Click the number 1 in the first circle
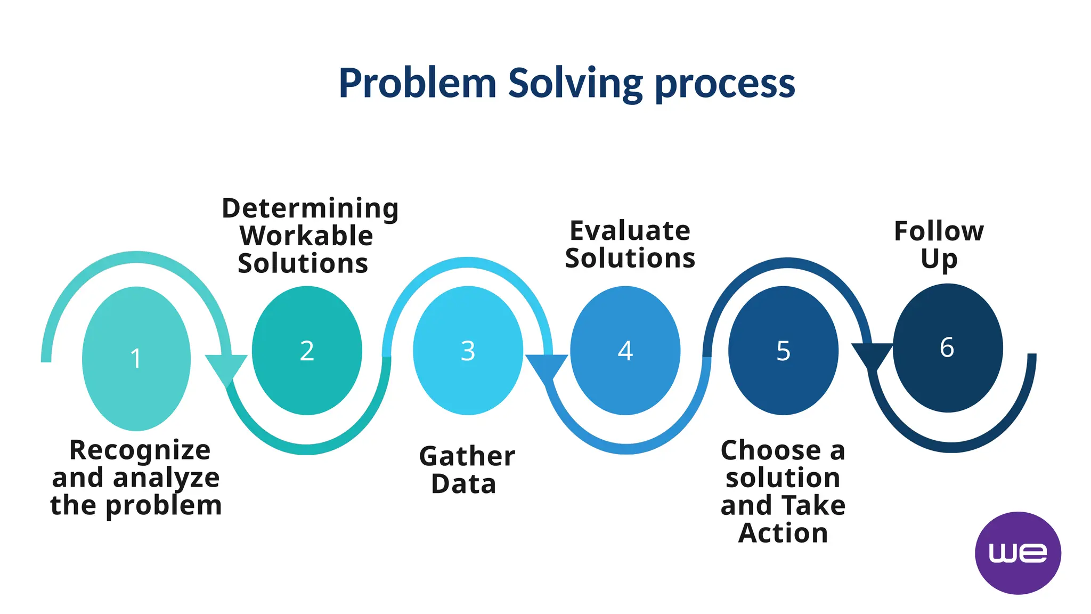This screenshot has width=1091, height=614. point(136,358)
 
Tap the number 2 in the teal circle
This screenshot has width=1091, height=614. point(307,351)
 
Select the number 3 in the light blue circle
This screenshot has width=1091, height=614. point(468,351)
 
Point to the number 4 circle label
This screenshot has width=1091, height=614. point(625,351)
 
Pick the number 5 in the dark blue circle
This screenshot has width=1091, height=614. point(783,351)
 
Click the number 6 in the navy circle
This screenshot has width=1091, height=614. point(947,348)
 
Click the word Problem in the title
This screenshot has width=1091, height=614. point(417,83)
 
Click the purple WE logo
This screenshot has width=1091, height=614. point(1017,553)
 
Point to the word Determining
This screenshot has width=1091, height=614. point(310,208)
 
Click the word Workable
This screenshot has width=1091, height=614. point(306,236)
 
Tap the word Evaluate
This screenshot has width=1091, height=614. point(630,231)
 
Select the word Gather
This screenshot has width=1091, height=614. point(467,456)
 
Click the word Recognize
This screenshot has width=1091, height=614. point(140,450)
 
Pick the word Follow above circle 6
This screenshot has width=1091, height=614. point(939,231)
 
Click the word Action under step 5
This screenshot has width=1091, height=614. point(783,533)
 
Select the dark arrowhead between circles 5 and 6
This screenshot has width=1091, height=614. point(872,356)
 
